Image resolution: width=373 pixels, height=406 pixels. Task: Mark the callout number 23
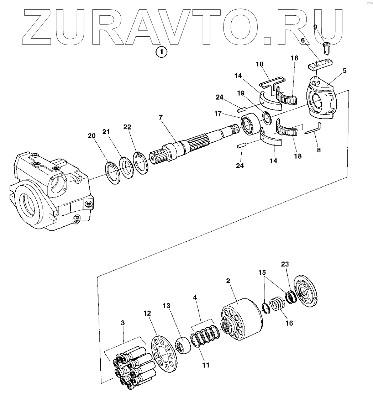pos(284,264)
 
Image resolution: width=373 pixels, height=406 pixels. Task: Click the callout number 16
pos(289,323)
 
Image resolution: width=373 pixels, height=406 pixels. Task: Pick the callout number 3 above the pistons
pos(123,323)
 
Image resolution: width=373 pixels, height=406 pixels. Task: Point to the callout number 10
pos(259,64)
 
